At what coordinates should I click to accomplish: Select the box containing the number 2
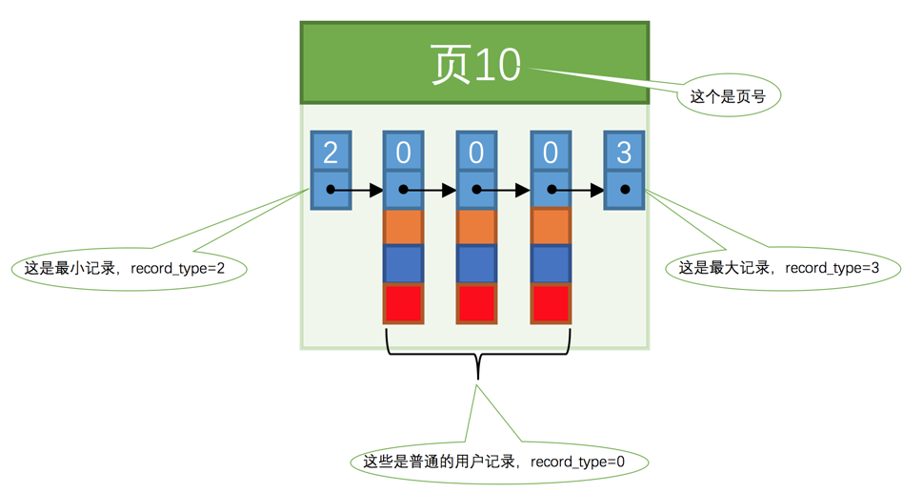pyautogui.click(x=331, y=152)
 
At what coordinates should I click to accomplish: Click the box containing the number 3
pyautogui.click(x=624, y=152)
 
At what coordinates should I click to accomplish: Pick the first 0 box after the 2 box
pyautogui.click(x=403, y=152)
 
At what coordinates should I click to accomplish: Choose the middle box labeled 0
pyautogui.click(x=476, y=152)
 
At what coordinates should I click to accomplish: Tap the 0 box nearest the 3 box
pyautogui.click(x=551, y=152)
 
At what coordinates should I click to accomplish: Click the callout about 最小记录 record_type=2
pyautogui.click(x=130, y=269)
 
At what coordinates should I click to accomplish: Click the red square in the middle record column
pyautogui.click(x=476, y=304)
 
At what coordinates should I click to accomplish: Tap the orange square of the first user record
pyautogui.click(x=403, y=227)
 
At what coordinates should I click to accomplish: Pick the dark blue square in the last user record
pyautogui.click(x=551, y=265)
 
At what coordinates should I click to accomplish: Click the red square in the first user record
pyautogui.click(x=403, y=304)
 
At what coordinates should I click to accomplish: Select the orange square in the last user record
pyautogui.click(x=551, y=227)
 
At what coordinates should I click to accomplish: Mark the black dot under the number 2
pyautogui.click(x=331, y=190)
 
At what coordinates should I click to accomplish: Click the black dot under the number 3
pyautogui.click(x=624, y=190)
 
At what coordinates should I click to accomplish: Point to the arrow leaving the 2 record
pyautogui.click(x=358, y=190)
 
